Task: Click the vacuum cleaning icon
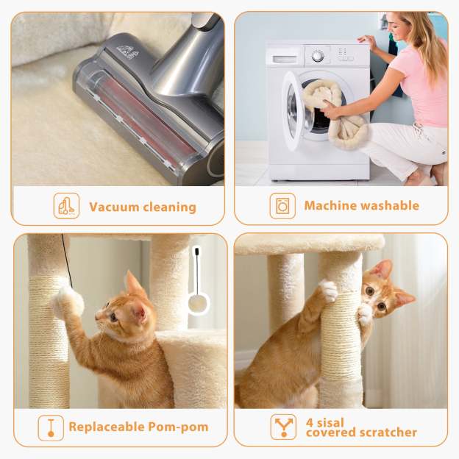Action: click(x=66, y=205)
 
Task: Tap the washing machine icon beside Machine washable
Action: click(x=282, y=205)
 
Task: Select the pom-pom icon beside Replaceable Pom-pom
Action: click(x=51, y=427)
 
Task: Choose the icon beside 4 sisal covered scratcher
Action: click(x=283, y=427)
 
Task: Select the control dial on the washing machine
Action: click(x=317, y=55)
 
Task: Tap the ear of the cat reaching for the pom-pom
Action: click(x=133, y=283)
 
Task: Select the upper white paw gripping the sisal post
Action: click(x=328, y=291)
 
